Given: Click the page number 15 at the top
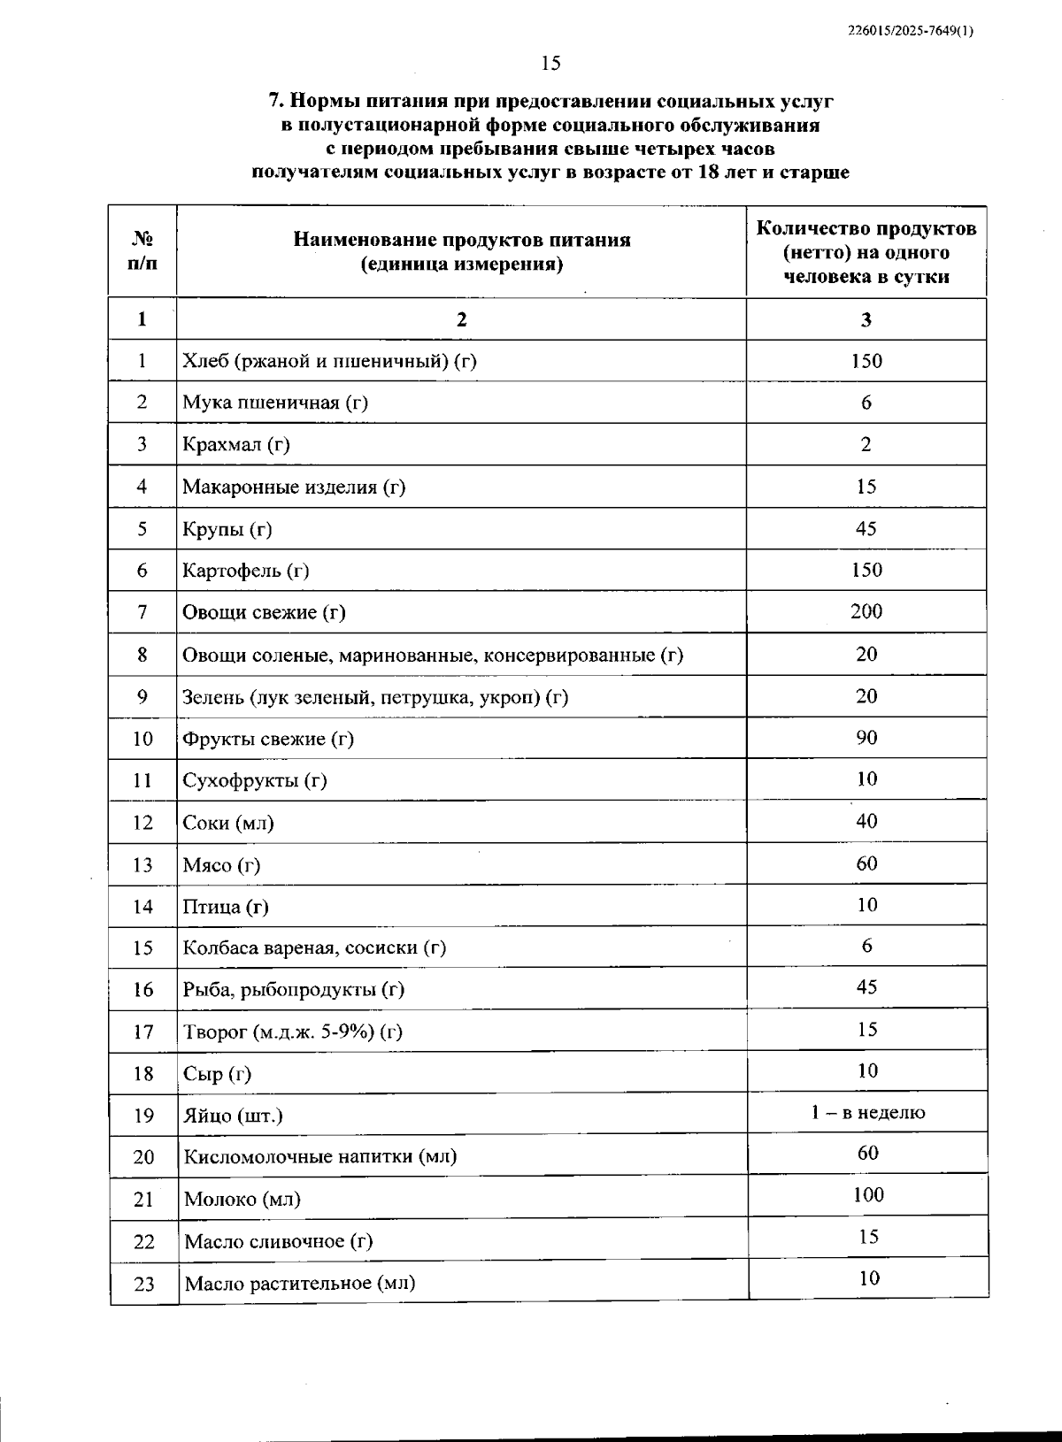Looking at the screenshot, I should coord(550,63).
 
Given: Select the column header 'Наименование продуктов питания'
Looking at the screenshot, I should coord(461,240).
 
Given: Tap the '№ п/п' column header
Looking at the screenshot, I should coord(142,251).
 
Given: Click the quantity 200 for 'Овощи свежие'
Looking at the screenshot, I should coord(866,611).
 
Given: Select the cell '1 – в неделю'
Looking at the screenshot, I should coord(867,1113).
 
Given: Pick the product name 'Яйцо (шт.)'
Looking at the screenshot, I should coord(233,1116).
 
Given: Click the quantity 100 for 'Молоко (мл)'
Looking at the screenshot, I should coord(868,1195).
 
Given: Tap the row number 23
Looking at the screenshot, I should coord(143,1284).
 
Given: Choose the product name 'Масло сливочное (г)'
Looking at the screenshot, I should coord(278,1241).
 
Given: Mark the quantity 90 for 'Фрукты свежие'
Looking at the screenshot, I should coord(866,738).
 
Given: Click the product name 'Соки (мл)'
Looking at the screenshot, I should coord(228,823).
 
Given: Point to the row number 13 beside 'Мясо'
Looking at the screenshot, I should coord(142,865).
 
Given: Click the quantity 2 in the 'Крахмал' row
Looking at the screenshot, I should coord(866,444).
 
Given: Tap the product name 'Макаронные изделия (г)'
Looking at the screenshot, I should coord(294,487).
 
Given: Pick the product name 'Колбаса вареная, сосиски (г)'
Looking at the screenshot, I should coord(314,948).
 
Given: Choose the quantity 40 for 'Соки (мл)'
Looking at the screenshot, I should coord(866,821).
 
